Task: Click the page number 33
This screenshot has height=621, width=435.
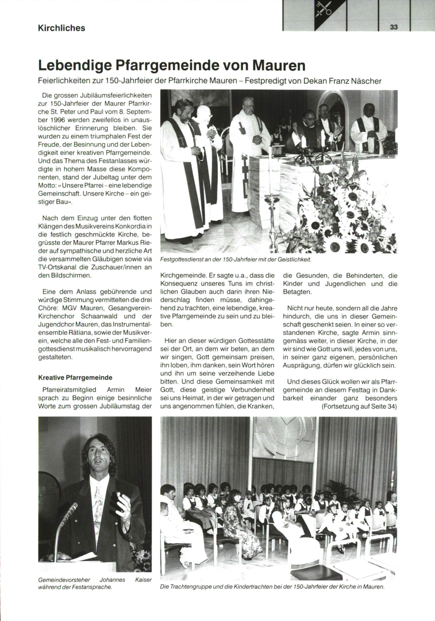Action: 394,27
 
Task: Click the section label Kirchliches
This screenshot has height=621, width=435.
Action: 62,28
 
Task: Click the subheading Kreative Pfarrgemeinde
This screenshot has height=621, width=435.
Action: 75,378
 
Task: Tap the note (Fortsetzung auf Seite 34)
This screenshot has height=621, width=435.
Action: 359,406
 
